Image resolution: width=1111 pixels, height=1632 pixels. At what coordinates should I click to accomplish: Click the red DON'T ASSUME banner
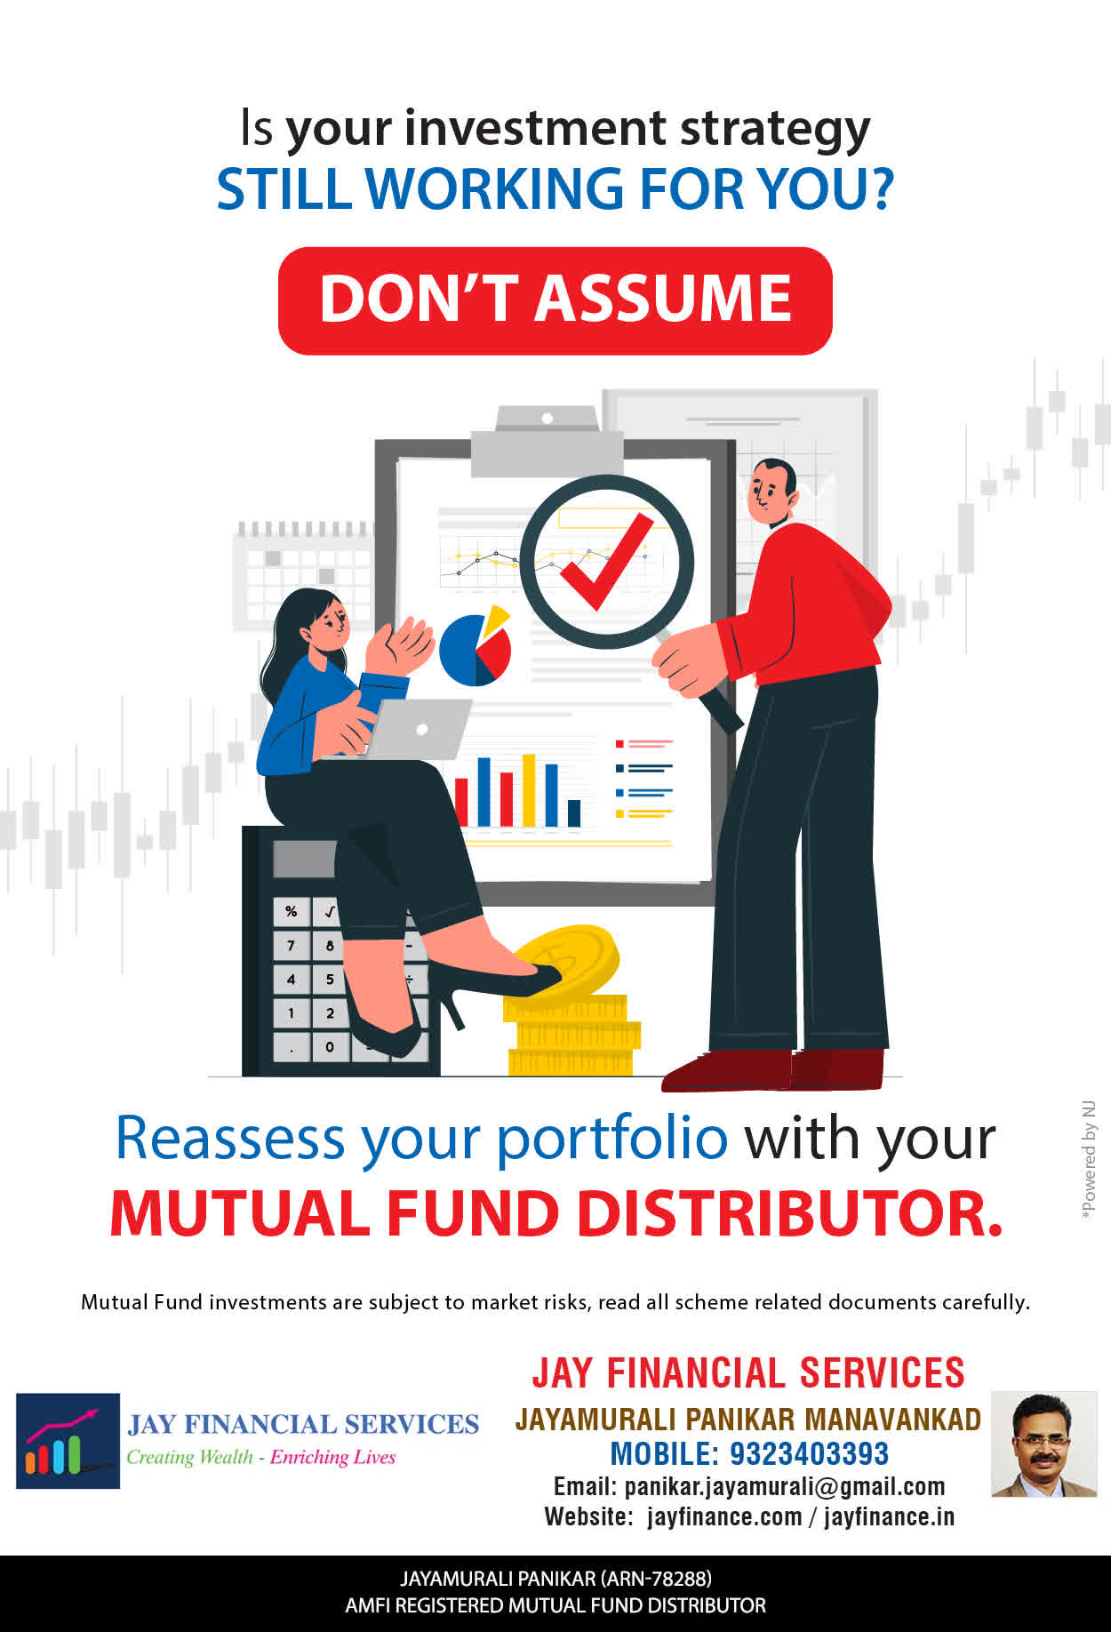(x=555, y=300)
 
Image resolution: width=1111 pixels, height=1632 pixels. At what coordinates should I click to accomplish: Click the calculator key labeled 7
(x=291, y=946)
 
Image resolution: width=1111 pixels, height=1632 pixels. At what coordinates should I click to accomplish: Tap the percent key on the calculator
(x=291, y=912)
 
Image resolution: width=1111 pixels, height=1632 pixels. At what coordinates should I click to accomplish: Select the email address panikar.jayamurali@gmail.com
(x=785, y=1486)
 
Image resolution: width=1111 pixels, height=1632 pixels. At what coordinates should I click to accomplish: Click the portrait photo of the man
(x=1044, y=1444)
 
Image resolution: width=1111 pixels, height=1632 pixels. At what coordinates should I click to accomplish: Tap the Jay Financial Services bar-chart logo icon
(x=68, y=1441)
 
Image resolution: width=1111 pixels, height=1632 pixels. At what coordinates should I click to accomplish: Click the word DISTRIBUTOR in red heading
(x=790, y=1213)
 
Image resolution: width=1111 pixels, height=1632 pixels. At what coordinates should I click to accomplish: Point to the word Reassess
(x=229, y=1138)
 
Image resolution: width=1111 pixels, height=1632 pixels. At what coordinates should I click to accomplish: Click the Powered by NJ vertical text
(x=1089, y=1160)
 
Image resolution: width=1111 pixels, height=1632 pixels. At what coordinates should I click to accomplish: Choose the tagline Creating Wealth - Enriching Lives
(x=260, y=1457)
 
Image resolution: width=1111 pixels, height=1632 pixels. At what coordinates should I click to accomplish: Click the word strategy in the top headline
(x=775, y=130)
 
